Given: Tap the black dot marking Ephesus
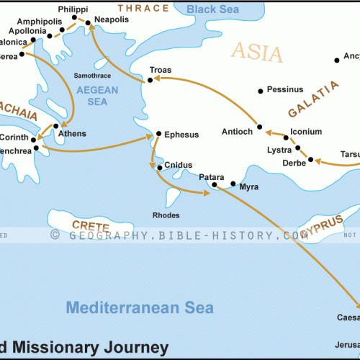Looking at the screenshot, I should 159,134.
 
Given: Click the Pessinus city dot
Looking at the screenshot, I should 260,91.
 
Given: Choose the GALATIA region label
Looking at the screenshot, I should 313,100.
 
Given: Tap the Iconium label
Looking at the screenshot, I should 306,132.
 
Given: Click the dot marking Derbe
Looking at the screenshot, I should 311,159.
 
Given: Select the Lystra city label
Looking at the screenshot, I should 279,150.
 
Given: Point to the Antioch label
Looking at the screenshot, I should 238,131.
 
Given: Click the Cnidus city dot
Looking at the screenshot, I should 160,168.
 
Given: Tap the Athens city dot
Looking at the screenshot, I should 56,126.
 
